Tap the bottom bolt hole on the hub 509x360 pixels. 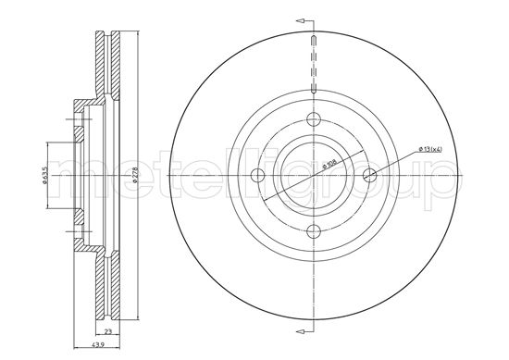pyautogui.click(x=314, y=231)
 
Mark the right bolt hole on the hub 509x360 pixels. pyautogui.click(x=370, y=175)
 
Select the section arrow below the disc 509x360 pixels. pyautogui.click(x=302, y=335)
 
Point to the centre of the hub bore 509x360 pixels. pyautogui.click(x=314, y=175)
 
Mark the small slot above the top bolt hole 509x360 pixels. pyautogui.click(x=314, y=42)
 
